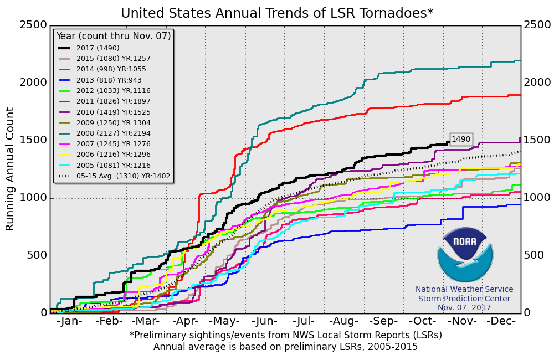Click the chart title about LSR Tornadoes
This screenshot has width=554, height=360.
[x=277, y=13]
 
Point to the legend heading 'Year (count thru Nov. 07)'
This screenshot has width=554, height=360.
[x=114, y=36]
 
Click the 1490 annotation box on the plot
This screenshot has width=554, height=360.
[x=461, y=140]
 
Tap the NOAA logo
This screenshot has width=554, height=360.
[x=464, y=255]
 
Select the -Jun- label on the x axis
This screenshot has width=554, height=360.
[x=264, y=322]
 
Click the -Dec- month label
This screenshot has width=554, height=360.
[x=502, y=322]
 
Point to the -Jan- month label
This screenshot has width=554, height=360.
[x=70, y=322]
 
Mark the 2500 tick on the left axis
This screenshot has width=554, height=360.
[x=33, y=25]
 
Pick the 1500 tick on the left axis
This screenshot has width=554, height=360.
[x=33, y=140]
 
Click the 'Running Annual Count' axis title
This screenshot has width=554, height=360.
[x=10, y=169]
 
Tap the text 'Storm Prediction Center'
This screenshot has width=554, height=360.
[x=464, y=299]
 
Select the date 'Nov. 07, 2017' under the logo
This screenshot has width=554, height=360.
[x=464, y=307]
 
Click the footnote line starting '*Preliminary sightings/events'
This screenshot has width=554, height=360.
[x=286, y=335]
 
